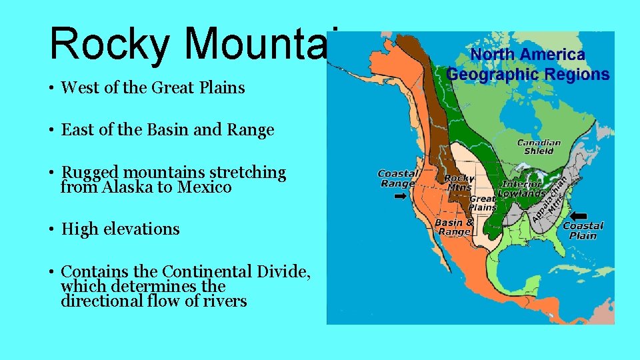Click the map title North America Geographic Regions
point(527,65)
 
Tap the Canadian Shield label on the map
point(539,147)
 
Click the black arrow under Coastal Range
point(401,197)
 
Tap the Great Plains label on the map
point(483,203)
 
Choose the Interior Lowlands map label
point(523,189)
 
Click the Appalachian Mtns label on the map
point(550,199)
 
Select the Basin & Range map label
point(454,227)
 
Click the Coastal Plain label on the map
point(583,231)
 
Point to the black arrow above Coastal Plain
point(579,216)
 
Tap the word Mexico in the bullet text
point(204,187)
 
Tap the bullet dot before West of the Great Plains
point(51,88)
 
